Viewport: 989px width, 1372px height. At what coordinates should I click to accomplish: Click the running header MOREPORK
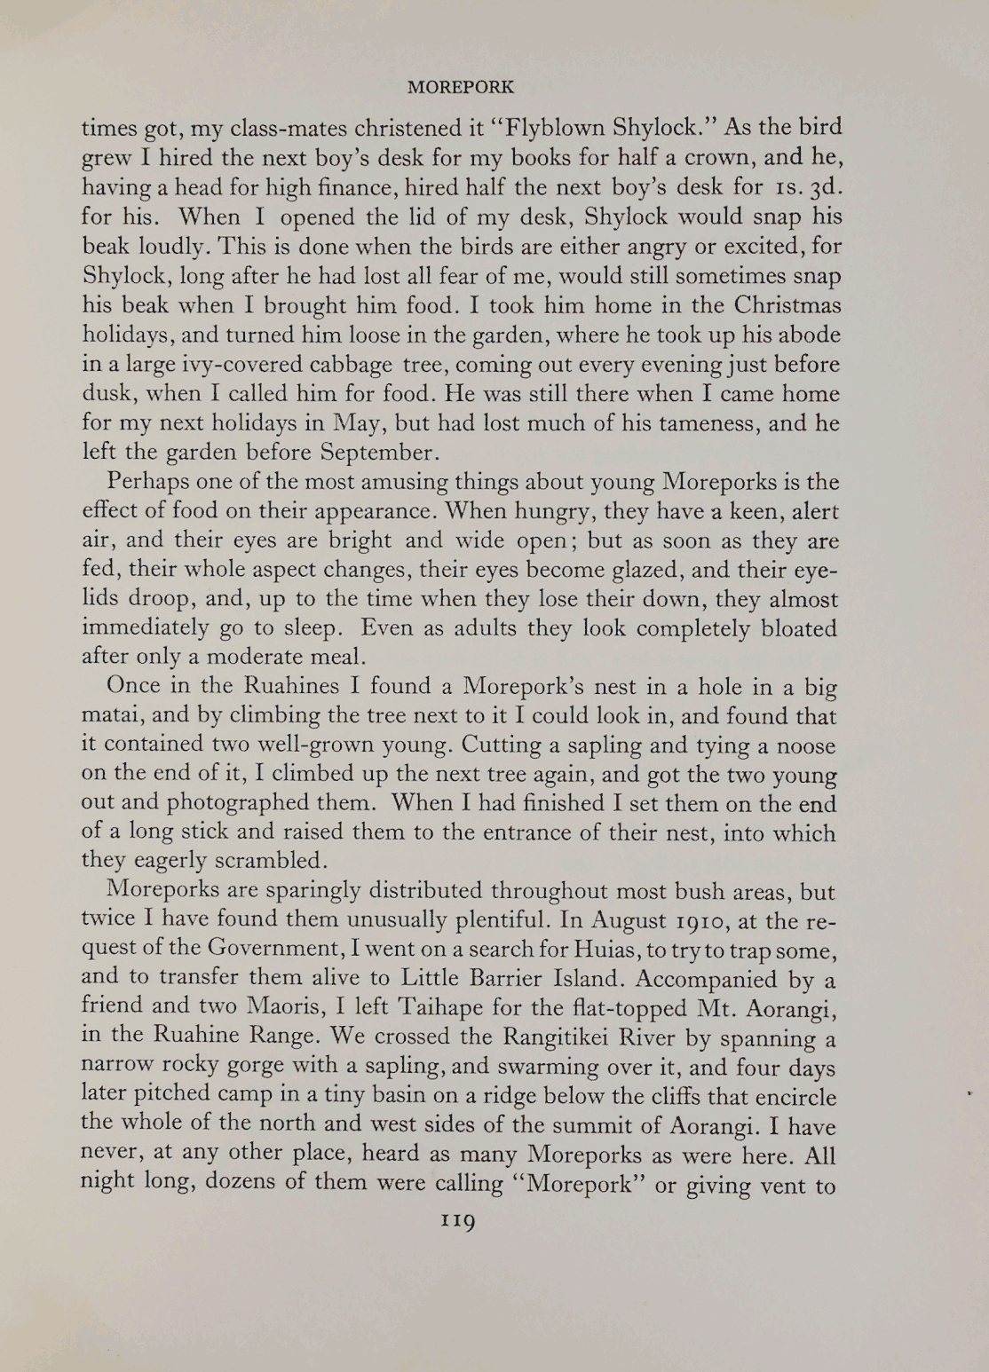[460, 88]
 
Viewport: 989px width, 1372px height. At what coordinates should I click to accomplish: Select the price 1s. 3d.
[806, 187]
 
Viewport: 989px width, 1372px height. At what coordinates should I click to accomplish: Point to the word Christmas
[787, 305]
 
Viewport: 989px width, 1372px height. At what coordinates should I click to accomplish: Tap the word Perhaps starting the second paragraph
[146, 483]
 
